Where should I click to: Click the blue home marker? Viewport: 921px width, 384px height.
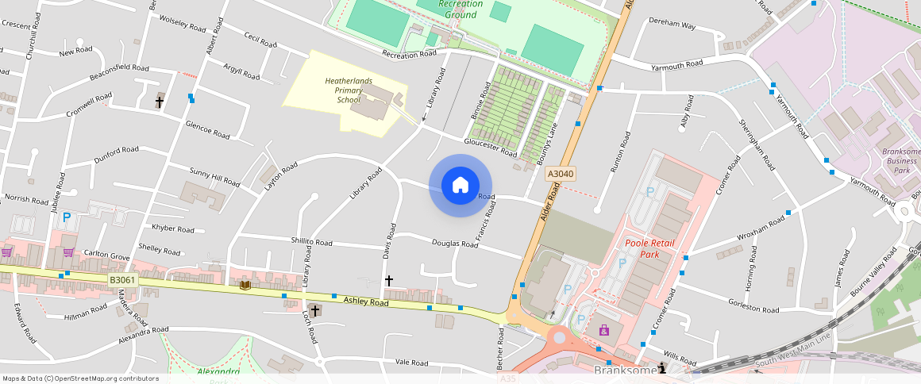point(460,186)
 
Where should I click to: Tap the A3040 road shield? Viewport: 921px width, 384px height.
point(560,174)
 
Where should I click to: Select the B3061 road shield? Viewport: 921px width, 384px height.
point(123,280)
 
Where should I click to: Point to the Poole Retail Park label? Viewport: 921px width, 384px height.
point(642,248)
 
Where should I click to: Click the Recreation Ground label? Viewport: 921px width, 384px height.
point(460,9)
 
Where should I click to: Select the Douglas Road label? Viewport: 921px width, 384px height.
point(455,244)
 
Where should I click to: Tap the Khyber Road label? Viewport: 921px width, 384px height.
point(173,228)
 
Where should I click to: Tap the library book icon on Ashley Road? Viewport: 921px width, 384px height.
point(245,285)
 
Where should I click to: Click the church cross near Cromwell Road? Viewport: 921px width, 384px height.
point(159,102)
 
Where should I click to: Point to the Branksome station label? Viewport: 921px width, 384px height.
point(625,370)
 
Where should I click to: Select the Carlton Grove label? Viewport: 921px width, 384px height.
point(106,256)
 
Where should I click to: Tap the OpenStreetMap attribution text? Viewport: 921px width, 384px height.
point(80,378)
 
